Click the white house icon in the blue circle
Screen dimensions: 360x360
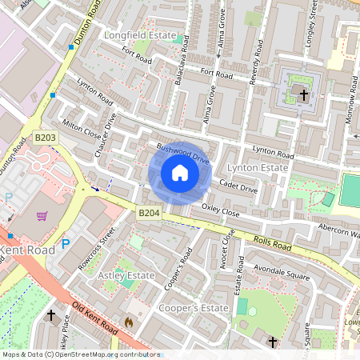180,173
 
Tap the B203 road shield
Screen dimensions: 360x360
46,138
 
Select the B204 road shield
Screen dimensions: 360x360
147,213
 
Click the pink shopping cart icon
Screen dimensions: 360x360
42,215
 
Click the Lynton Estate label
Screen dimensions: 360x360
257,168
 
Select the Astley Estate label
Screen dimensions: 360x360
126,275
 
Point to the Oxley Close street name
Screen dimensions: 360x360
220,211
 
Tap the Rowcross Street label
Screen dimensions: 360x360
97,251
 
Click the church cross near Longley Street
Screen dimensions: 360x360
304,95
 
